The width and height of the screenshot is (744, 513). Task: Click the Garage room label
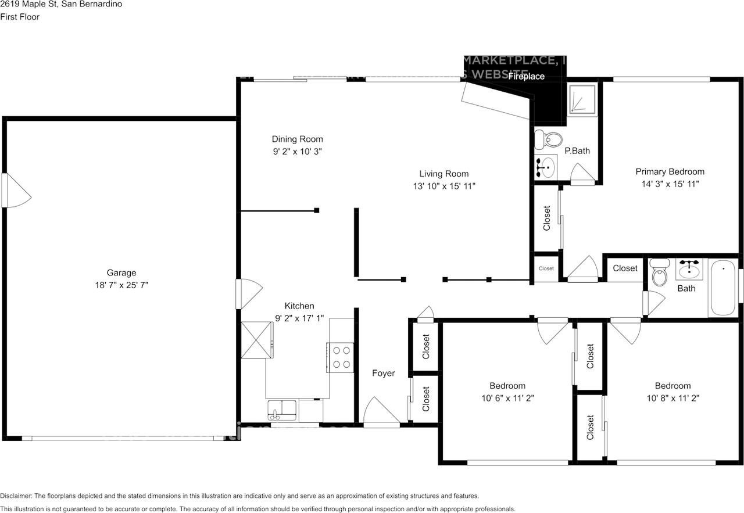tap(121, 272)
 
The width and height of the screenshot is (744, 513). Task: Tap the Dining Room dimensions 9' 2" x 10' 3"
tap(297, 151)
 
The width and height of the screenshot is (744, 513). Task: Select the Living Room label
tap(443, 174)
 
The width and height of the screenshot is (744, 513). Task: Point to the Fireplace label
tap(527, 76)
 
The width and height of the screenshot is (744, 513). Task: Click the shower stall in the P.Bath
tap(581, 99)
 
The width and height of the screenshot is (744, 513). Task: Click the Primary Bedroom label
tap(670, 171)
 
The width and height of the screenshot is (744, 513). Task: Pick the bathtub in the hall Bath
tap(722, 288)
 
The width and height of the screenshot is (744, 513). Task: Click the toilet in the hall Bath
tap(659, 273)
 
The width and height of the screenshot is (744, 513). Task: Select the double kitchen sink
tap(282, 410)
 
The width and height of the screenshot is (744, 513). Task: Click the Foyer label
tap(383, 373)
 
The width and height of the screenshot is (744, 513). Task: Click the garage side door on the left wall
tap(15, 191)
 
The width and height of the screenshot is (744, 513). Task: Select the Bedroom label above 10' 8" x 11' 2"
tap(673, 386)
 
